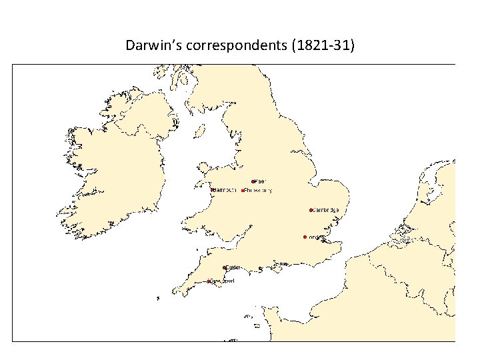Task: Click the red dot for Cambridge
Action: [x=311, y=210]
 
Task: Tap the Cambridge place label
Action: [x=326, y=210]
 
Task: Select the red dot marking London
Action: [x=304, y=237]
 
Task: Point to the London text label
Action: [x=315, y=237]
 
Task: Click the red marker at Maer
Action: [x=253, y=181]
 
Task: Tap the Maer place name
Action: [x=260, y=181]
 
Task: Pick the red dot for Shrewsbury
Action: [x=242, y=190]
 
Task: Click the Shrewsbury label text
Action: [x=258, y=190]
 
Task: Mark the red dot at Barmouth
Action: [x=212, y=190]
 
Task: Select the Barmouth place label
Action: [x=225, y=190]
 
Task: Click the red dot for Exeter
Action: [x=225, y=267]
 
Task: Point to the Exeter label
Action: [x=233, y=267]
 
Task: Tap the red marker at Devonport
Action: [x=209, y=281]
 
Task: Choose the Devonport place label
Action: [x=222, y=281]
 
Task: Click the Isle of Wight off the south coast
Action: [x=283, y=264]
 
